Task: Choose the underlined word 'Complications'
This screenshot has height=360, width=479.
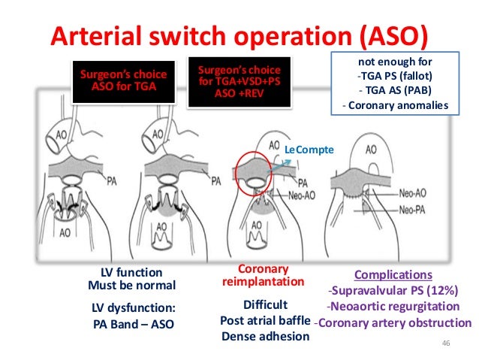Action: pyautogui.click(x=393, y=275)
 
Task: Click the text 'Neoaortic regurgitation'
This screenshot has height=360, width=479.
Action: pyautogui.click(x=393, y=307)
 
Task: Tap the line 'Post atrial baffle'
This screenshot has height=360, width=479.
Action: pyautogui.click(x=265, y=321)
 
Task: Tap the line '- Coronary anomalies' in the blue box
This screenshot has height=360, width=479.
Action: pyautogui.click(x=394, y=105)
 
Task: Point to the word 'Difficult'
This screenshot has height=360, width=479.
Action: pyautogui.click(x=265, y=305)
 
